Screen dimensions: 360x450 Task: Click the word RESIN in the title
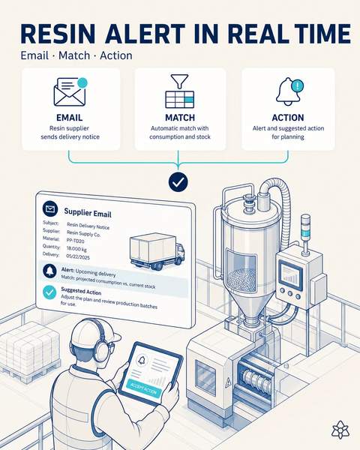60,34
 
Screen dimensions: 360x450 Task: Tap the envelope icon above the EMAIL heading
70,91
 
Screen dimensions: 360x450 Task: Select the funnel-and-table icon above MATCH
180,91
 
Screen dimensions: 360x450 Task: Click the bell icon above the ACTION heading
289,91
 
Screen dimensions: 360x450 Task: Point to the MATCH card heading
180,118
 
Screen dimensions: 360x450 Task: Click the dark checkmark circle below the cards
178,182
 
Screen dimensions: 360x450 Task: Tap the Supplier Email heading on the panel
88,213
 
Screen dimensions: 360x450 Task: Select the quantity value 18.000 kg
76,248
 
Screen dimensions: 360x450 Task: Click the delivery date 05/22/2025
78,256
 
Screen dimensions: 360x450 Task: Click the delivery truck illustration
157,251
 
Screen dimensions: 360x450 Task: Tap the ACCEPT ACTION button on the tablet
144,388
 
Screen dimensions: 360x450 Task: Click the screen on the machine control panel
291,276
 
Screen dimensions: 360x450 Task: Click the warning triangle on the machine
228,382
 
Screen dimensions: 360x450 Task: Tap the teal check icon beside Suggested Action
49,292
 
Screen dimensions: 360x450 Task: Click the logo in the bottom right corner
340,430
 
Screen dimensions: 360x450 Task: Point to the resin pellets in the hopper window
241,280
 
